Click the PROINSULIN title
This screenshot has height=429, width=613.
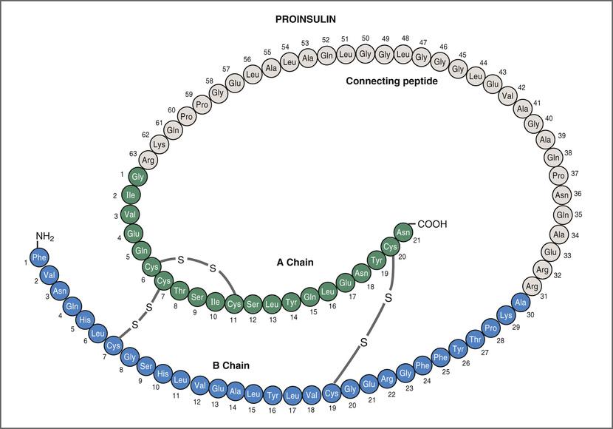click(306, 17)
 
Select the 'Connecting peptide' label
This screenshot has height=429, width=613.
click(392, 81)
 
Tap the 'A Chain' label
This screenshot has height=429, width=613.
click(295, 262)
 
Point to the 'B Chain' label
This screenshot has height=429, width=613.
click(231, 365)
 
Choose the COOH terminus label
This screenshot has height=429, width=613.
click(433, 224)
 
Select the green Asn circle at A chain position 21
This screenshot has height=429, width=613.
click(403, 232)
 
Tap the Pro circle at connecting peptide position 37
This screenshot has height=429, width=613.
click(559, 175)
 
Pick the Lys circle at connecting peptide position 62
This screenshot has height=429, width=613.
click(160, 145)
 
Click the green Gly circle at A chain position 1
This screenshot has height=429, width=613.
click(137, 176)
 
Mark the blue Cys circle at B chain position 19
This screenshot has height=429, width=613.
click(332, 392)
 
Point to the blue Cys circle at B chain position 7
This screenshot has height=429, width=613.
click(114, 345)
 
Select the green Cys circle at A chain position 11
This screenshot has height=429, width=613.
click(234, 304)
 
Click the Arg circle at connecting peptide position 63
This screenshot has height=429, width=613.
click(148, 160)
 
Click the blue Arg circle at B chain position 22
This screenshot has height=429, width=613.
click(386, 380)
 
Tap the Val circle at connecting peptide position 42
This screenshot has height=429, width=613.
click(507, 95)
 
